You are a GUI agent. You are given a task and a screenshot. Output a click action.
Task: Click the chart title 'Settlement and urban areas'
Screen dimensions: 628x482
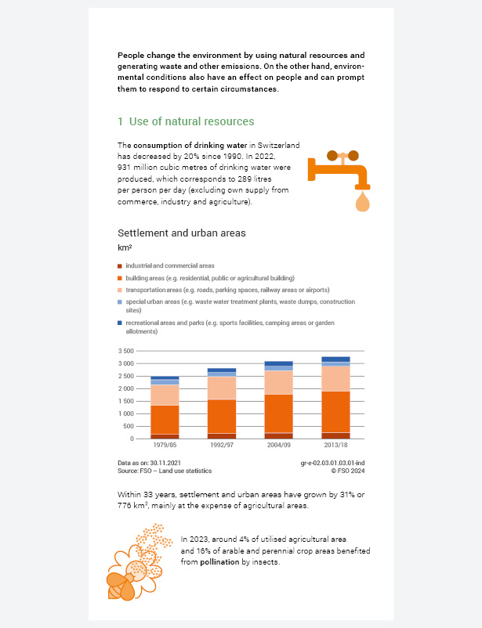point(181,233)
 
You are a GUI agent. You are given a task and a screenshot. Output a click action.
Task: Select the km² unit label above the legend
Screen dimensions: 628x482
point(124,248)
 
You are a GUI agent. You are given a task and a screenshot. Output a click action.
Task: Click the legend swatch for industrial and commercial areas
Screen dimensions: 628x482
point(120,266)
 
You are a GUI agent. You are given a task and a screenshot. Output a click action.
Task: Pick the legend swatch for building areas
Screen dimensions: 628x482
point(120,278)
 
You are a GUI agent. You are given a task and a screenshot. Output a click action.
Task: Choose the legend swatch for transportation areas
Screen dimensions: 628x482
point(120,290)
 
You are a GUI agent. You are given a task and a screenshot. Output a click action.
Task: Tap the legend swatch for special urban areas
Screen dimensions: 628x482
point(120,301)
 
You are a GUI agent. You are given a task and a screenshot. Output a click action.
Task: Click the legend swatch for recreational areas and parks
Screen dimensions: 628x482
point(120,323)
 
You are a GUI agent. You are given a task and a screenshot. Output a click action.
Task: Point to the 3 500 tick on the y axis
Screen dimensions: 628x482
point(125,352)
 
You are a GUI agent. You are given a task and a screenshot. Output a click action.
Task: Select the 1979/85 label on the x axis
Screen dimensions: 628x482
point(165,445)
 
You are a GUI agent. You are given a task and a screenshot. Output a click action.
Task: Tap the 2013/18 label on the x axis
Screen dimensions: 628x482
point(336,445)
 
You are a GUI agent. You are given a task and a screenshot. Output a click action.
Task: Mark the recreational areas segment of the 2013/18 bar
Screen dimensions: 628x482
point(336,359)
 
